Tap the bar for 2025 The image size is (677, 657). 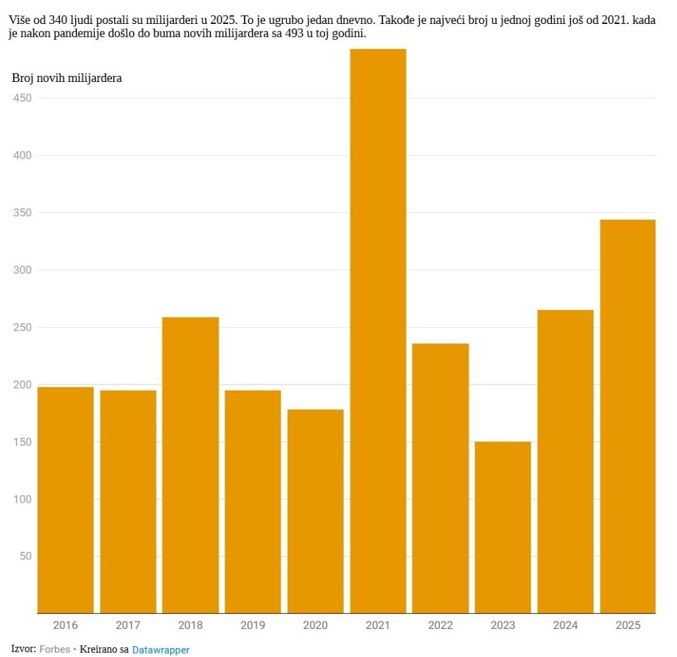(x=628, y=417)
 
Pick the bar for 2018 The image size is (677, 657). (x=191, y=465)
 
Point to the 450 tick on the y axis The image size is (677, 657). (x=23, y=98)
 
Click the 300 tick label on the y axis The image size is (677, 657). (x=23, y=270)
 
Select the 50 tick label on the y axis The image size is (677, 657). (x=25, y=556)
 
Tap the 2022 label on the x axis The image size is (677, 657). (x=441, y=626)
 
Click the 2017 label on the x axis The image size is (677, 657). (x=128, y=626)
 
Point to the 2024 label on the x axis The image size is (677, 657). (x=566, y=626)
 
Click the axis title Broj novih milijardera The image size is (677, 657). (x=67, y=78)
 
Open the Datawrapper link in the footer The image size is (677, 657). (x=161, y=649)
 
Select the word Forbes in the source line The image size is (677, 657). (x=55, y=649)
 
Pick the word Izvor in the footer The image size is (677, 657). (x=23, y=649)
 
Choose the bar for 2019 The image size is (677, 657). (x=253, y=501)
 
